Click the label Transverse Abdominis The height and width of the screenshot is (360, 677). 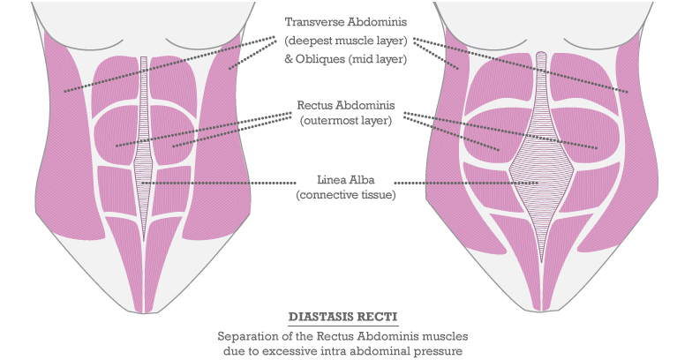click(346, 22)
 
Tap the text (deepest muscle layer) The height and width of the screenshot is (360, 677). click(345, 41)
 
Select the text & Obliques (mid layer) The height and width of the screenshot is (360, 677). click(345, 59)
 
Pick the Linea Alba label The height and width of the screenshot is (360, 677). click(345, 179)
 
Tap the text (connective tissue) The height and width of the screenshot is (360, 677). click(345, 195)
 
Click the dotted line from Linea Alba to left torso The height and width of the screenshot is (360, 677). click(221, 183)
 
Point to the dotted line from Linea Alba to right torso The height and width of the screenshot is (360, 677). click(459, 183)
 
